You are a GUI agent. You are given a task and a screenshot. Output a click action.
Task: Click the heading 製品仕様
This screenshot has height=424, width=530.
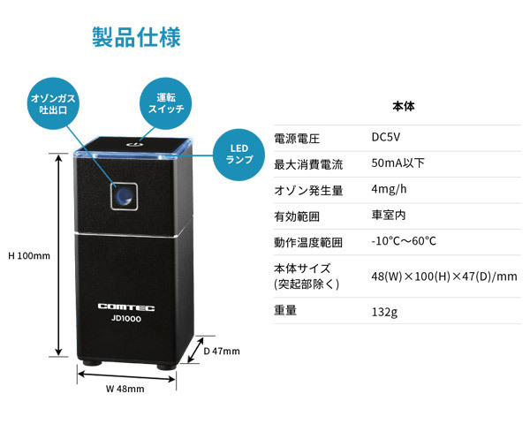[x=137, y=38]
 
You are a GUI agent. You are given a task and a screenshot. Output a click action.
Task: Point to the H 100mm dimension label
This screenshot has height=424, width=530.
[x=30, y=256]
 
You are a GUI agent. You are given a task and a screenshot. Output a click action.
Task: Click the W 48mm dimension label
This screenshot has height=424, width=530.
[x=125, y=388]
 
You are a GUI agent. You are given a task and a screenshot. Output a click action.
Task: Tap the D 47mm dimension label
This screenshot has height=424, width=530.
[x=222, y=351]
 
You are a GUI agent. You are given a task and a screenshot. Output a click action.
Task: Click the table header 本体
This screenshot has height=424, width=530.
[x=403, y=107]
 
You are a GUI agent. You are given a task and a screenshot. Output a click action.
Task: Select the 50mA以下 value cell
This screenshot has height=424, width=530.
[x=397, y=163]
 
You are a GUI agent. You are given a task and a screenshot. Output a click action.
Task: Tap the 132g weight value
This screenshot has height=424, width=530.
[x=385, y=311]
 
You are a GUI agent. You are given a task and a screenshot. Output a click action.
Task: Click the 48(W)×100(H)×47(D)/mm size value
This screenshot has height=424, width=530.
[x=444, y=276]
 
